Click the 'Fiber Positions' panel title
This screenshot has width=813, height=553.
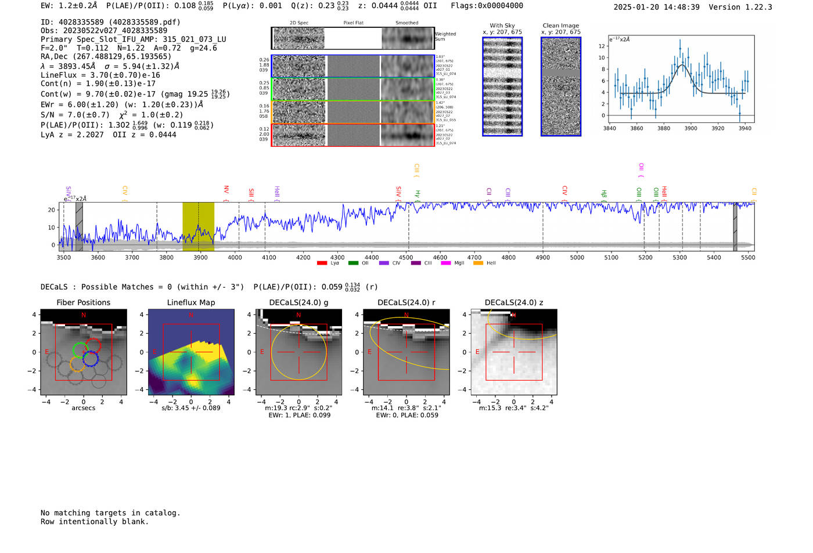(x=83, y=302)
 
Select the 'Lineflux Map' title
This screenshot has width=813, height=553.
(x=191, y=302)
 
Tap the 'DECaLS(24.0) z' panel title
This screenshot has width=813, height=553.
(x=514, y=302)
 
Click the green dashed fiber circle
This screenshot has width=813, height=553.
(x=80, y=349)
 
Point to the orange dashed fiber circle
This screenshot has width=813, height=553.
(x=77, y=364)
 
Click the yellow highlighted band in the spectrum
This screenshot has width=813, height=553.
(x=198, y=226)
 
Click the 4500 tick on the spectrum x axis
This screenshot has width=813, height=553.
(x=406, y=258)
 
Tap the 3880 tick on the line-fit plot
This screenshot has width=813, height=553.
(x=664, y=128)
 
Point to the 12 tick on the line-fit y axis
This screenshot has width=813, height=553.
(x=602, y=46)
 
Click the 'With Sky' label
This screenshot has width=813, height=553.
(x=502, y=26)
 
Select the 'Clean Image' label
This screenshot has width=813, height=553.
(x=561, y=26)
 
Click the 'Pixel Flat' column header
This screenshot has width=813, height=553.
(x=353, y=23)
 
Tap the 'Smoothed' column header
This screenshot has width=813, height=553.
(x=406, y=23)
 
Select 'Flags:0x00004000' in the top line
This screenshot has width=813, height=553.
(x=487, y=5)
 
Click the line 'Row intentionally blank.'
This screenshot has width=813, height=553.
(x=95, y=521)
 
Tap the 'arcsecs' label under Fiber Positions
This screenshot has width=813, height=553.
(x=83, y=408)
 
